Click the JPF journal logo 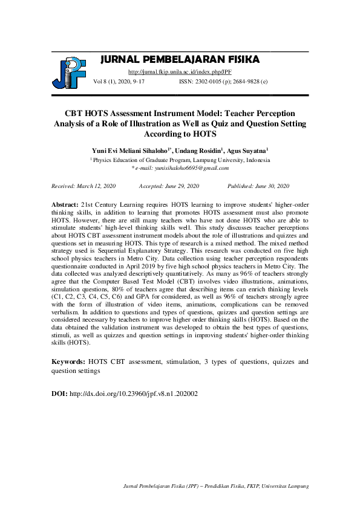(68, 71)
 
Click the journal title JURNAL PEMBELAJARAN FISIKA (179, 59)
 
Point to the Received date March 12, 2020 (83, 186)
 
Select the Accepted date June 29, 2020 (169, 186)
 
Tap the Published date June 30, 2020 (258, 186)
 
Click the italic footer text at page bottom (216, 486)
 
